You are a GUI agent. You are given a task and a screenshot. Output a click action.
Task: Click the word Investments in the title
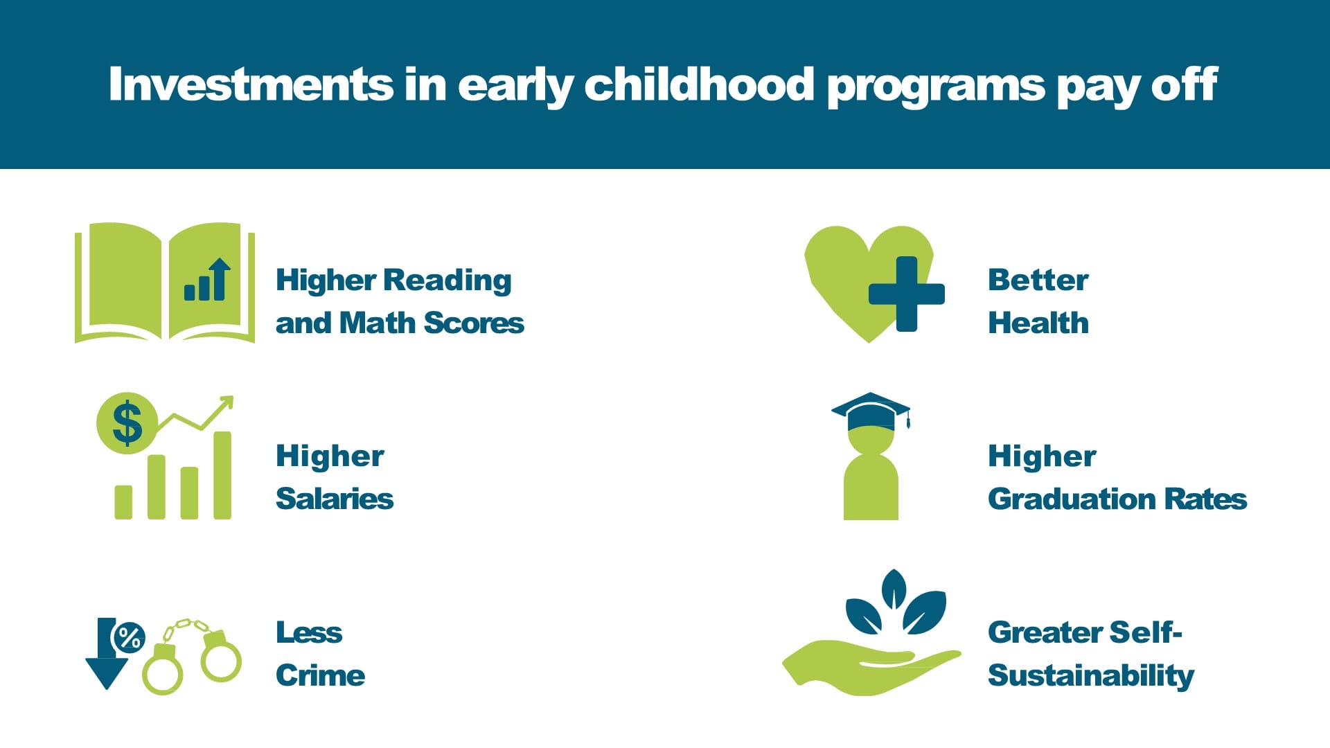[x=251, y=84]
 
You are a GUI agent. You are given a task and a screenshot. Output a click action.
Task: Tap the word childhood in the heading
[x=699, y=84]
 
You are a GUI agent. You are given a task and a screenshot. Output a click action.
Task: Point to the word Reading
[x=447, y=281]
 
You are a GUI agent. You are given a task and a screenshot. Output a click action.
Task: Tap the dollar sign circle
[x=127, y=423]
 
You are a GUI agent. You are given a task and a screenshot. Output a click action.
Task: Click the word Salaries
[x=335, y=499]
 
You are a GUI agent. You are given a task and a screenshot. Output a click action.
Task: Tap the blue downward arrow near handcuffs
[x=106, y=658]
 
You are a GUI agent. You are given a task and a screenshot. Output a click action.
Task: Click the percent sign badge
[x=129, y=637]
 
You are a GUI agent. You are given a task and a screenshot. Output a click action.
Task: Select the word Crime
[x=320, y=676]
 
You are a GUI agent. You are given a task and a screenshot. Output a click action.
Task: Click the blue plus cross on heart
[x=906, y=294]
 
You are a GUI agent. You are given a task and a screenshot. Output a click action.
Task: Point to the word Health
[x=1038, y=323]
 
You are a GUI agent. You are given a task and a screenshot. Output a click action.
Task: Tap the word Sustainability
[x=1090, y=676]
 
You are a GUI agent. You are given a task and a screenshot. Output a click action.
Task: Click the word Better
[x=1038, y=280]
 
